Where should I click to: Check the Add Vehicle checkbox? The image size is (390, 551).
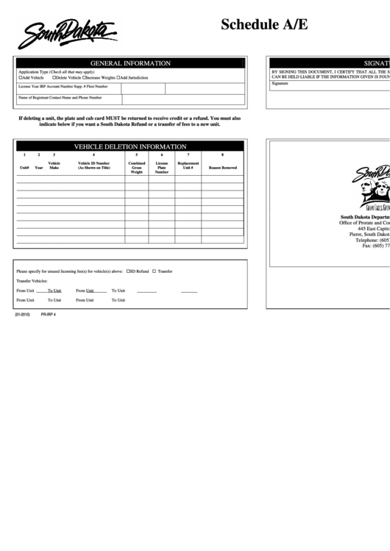[x=20, y=77]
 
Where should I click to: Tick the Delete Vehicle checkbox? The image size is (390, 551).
[x=54, y=77]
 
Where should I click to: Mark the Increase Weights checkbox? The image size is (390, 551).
[x=84, y=77]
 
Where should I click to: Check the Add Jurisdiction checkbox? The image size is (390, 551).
[x=119, y=77]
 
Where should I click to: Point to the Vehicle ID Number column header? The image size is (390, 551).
[x=93, y=166]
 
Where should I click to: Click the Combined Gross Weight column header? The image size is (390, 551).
[x=137, y=167]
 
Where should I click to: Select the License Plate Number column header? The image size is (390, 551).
[x=162, y=167]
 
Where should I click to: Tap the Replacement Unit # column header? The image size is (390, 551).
[x=188, y=166]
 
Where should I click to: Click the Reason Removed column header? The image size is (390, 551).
[x=223, y=168]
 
